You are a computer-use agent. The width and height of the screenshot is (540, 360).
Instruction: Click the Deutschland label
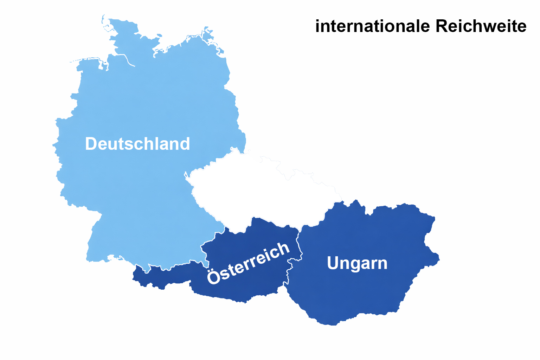[137, 144]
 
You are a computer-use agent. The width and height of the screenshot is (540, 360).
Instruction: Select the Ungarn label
[357, 263]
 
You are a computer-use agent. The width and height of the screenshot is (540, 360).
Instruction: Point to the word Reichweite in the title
[481, 26]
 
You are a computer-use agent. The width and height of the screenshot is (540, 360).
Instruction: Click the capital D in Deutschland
[91, 144]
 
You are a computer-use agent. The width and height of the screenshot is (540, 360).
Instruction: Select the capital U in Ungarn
[333, 263]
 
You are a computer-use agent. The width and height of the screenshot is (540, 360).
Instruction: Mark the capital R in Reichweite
[442, 26]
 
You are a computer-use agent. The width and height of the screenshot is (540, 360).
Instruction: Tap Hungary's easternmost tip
[439, 260]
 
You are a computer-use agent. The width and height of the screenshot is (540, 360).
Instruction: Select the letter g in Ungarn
[353, 265]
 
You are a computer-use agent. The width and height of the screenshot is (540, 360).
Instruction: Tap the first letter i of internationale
[318, 26]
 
